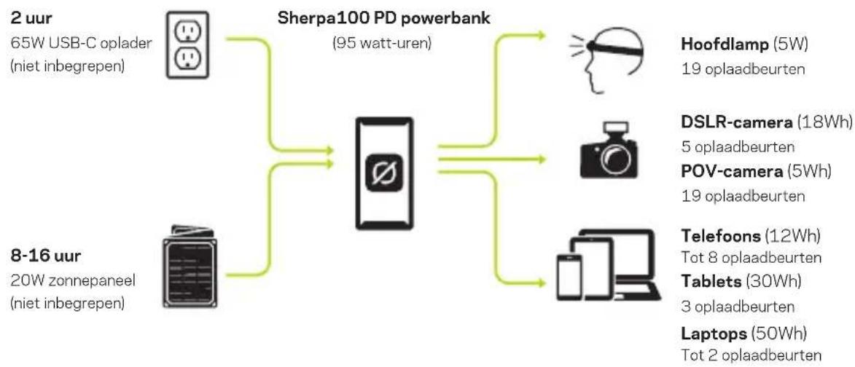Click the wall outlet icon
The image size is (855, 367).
click(187, 44)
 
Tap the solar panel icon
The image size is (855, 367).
click(190, 267)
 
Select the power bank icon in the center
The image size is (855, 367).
click(384, 174)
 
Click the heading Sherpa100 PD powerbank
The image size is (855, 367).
click(384, 17)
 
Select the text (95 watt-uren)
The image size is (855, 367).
click(382, 44)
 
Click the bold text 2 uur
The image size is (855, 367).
click(31, 18)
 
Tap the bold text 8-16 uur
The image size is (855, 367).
click(41, 256)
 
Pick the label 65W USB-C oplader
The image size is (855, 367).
click(81, 44)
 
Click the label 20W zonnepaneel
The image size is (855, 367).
click(73, 281)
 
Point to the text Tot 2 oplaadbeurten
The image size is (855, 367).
click(751, 356)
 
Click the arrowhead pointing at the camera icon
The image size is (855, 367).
click(541, 159)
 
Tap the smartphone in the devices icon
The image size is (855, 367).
click(568, 275)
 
